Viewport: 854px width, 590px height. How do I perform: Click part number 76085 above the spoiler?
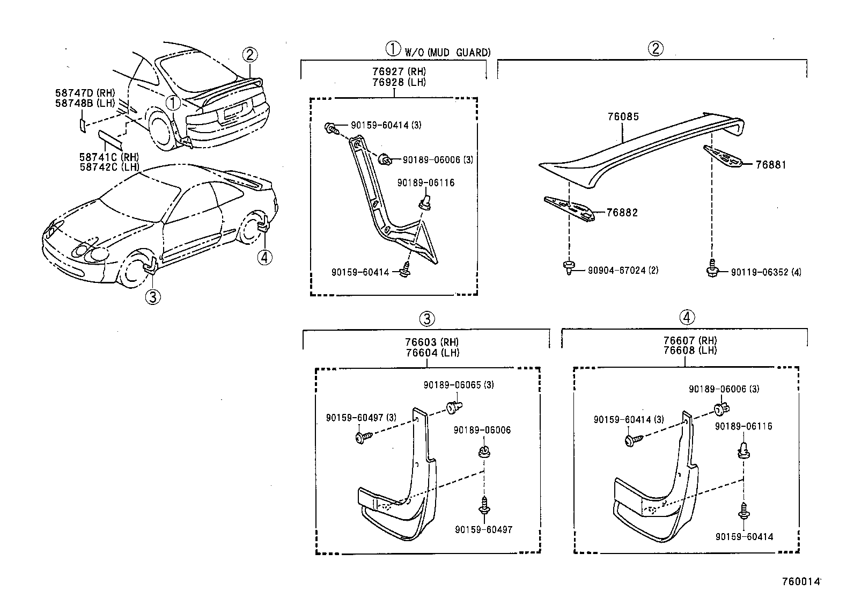coord(623,117)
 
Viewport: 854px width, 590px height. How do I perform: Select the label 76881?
coord(771,165)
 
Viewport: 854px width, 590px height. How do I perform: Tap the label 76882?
coord(622,213)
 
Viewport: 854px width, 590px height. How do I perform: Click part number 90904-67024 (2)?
coord(623,270)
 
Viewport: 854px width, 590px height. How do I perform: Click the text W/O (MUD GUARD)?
coord(447,52)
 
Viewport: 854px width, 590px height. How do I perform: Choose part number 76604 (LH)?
coord(432,352)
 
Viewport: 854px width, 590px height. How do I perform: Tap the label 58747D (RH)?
coord(85,93)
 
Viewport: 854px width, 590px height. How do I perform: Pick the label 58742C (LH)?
coord(109,166)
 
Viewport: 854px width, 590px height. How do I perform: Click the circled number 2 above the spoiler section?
coord(655,49)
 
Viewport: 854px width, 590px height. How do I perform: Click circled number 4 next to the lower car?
coord(264,258)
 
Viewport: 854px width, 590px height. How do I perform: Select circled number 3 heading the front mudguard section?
coord(426,319)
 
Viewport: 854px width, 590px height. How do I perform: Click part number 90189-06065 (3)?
coord(458,385)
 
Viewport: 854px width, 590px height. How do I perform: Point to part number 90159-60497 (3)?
coord(361,418)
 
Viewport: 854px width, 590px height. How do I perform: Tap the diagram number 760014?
coord(801,581)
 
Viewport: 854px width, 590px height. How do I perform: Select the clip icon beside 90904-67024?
coord(568,267)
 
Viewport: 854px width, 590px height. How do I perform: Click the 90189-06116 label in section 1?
coord(425,183)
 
